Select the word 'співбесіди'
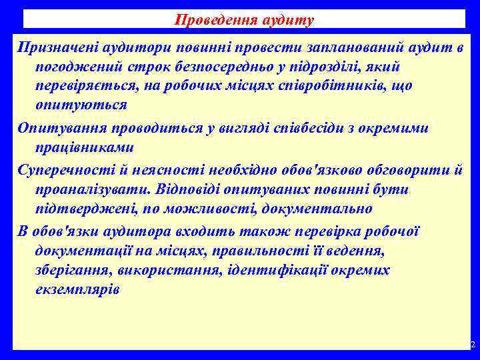332,129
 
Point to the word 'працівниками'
77,147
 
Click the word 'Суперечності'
65,171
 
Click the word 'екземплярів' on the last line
77,289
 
